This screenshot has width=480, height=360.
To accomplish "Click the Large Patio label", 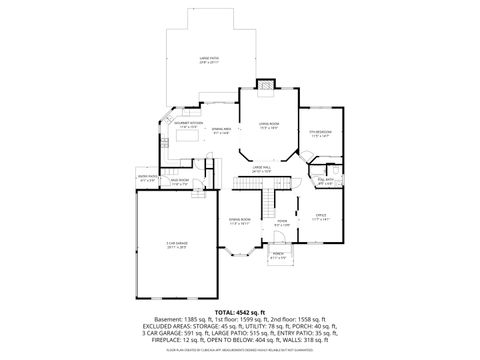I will coord(210,61).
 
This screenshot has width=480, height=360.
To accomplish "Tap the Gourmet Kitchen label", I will coord(191,125).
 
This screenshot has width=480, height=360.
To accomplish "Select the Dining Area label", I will coord(221,131).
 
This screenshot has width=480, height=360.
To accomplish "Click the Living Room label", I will coord(269,126).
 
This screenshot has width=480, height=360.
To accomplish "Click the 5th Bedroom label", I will coord(319,134).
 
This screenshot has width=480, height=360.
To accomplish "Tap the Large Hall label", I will coord(263,170).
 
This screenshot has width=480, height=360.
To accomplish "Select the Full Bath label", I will coord(325,182).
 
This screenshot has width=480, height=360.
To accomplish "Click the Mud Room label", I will coord(181,183).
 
